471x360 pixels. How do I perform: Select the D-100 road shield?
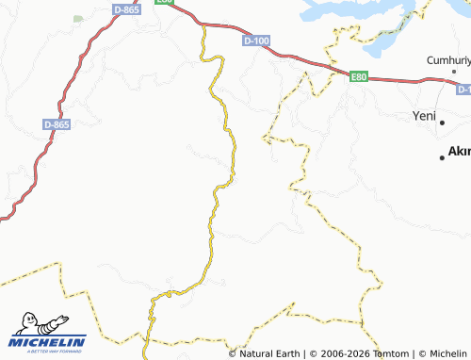point(256,41)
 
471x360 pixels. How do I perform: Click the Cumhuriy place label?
point(447,59)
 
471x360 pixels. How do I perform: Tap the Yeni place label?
point(425,116)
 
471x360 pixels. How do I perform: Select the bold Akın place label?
point(459,151)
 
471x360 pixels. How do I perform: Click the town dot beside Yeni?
point(443,122)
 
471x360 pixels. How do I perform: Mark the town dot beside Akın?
point(442,157)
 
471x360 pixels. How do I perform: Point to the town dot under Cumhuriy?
point(454,72)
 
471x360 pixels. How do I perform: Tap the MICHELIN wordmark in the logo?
point(48,341)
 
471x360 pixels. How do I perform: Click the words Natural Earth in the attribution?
point(270,353)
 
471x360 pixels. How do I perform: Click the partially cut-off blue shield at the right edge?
point(464,90)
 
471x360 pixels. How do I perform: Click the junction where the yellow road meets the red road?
point(203,25)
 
